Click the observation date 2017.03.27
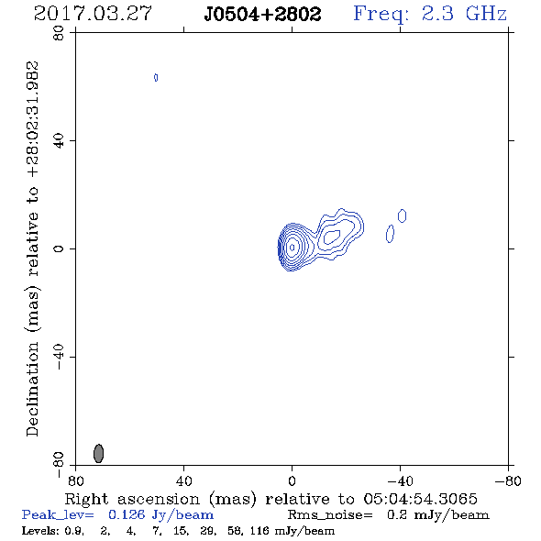click(x=93, y=14)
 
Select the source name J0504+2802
click(x=262, y=14)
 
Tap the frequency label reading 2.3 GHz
click(x=464, y=14)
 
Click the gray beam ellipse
click(x=99, y=453)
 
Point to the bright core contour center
click(x=293, y=248)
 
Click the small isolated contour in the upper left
click(x=156, y=78)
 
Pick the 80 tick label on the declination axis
click(x=59, y=33)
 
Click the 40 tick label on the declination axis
click(x=59, y=141)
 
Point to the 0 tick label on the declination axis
click(x=59, y=248)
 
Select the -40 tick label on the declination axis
click(x=59, y=357)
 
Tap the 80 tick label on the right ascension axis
click(x=76, y=481)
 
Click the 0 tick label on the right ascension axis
click(x=292, y=481)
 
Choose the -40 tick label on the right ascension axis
click(x=401, y=481)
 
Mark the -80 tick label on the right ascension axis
click(x=508, y=481)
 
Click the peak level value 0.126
click(x=127, y=514)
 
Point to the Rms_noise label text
click(x=330, y=515)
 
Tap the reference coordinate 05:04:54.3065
click(x=420, y=499)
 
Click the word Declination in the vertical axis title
click(x=32, y=389)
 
